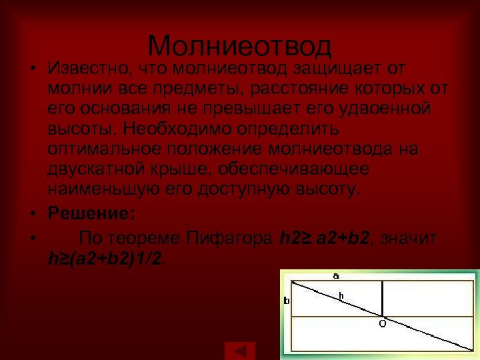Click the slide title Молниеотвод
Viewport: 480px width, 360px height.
(x=239, y=46)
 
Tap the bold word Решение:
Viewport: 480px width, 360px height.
(x=91, y=214)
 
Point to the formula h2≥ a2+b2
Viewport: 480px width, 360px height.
(x=323, y=238)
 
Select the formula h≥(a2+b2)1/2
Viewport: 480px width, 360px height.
(x=105, y=257)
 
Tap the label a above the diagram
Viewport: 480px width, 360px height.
(x=336, y=274)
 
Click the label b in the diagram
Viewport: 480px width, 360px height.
(x=287, y=301)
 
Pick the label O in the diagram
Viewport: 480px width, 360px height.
(x=382, y=323)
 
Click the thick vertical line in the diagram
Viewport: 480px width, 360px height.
(x=382, y=298)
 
